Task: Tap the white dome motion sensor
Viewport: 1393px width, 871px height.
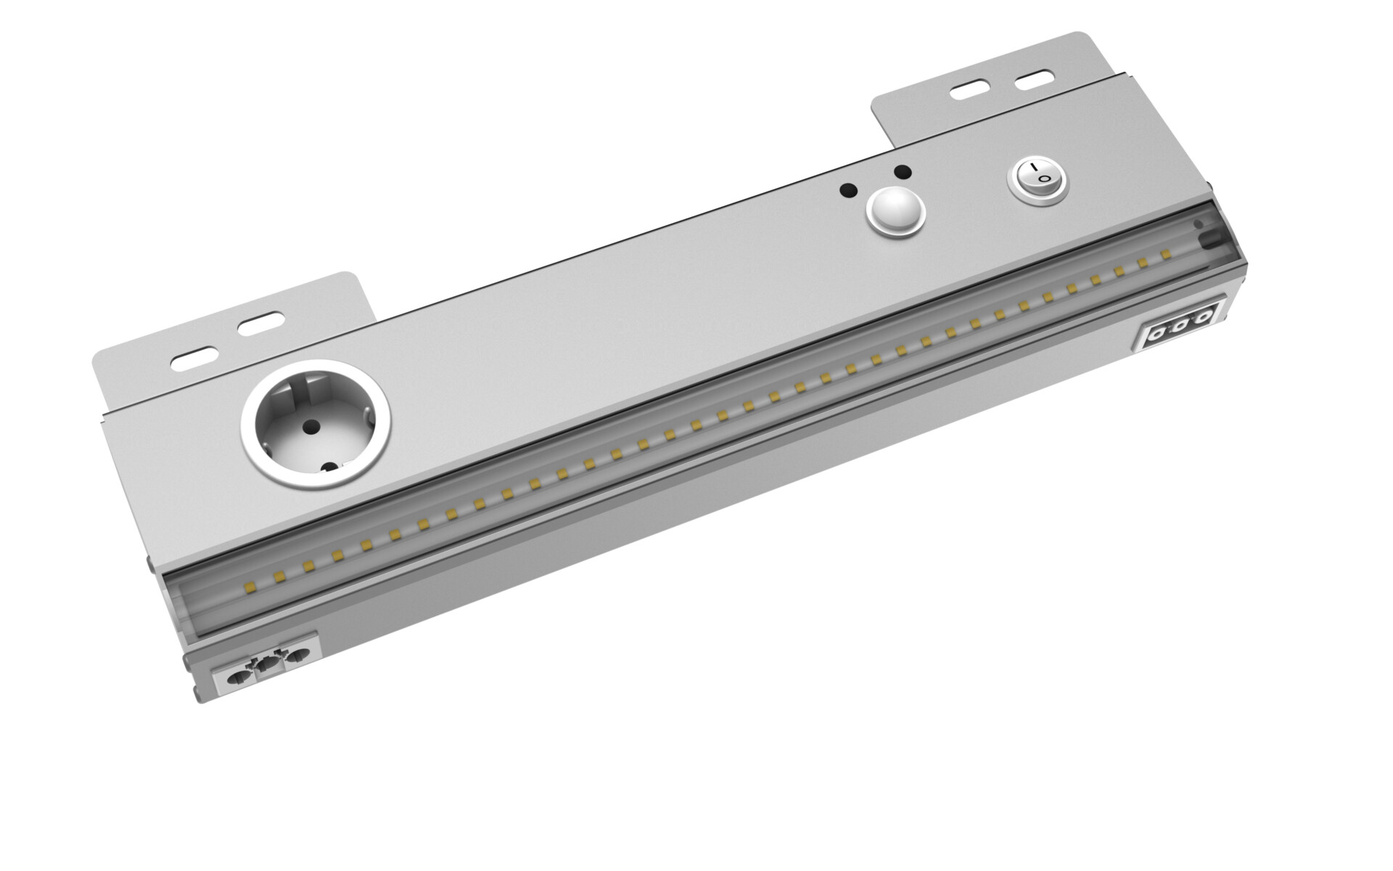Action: click(x=896, y=212)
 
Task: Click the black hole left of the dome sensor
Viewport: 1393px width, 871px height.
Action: click(x=847, y=191)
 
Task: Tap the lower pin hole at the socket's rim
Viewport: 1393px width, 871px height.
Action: click(x=329, y=470)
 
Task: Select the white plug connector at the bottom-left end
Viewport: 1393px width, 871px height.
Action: click(x=266, y=664)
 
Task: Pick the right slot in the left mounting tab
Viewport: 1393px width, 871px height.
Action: click(x=261, y=322)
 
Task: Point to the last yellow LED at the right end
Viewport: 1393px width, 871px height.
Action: click(x=1166, y=254)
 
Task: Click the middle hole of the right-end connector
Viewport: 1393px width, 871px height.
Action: click(x=1180, y=319)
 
